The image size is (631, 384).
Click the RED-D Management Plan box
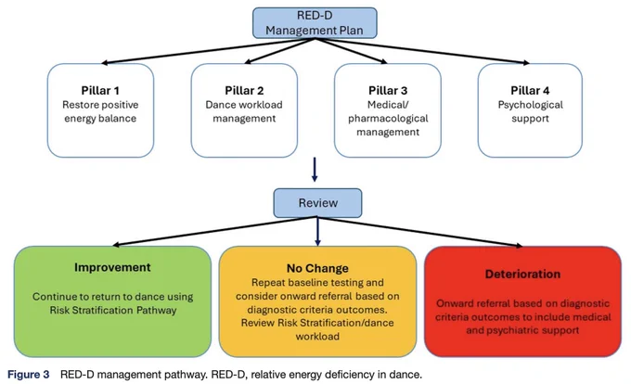315,23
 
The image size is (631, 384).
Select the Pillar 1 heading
100,91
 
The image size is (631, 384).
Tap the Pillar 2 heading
244,91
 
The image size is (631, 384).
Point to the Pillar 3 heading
388,91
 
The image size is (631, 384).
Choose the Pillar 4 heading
530,91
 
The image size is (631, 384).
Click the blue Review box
318,203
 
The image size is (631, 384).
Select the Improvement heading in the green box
112,267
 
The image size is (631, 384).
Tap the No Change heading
317,268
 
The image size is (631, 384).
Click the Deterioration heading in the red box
522,275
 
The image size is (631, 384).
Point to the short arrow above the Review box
315,170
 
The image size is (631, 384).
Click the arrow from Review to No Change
317,232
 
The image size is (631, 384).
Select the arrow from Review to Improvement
215,231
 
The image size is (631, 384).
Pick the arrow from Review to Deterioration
420,232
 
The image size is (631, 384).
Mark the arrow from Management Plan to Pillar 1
208,51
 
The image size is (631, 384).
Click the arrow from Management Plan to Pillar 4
422,51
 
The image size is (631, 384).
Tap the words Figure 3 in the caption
29,375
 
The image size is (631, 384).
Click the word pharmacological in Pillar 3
388,119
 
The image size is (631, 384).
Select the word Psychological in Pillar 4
531,105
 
